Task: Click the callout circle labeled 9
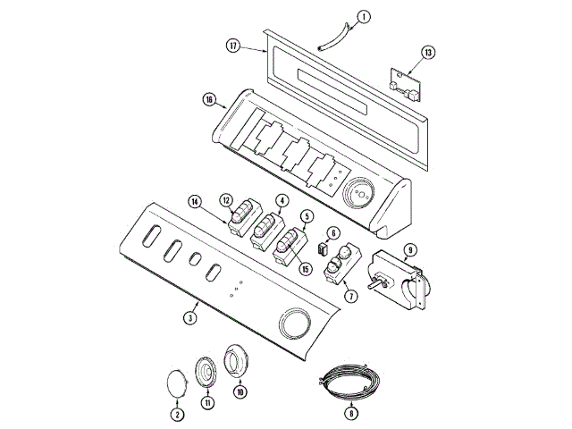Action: click(x=409, y=249)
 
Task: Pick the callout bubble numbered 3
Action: click(x=190, y=317)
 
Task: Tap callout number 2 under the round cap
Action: click(x=176, y=414)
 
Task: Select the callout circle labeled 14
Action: click(x=195, y=202)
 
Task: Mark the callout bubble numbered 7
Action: click(x=349, y=294)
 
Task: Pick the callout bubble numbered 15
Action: click(x=305, y=268)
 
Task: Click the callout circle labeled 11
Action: click(x=207, y=404)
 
